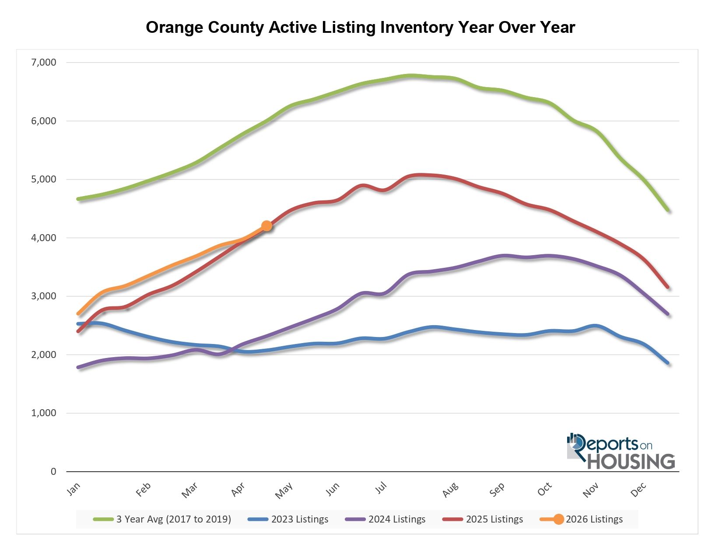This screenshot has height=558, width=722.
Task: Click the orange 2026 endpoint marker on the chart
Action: pyautogui.click(x=266, y=226)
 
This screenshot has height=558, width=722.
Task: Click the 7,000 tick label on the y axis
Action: pyautogui.click(x=44, y=62)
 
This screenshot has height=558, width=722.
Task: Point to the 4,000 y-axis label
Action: pyautogui.click(x=44, y=238)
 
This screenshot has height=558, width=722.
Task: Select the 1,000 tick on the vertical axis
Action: pyautogui.click(x=44, y=413)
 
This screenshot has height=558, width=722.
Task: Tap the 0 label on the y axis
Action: pyautogui.click(x=53, y=471)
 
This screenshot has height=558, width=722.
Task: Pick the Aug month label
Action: pyautogui.click(x=450, y=490)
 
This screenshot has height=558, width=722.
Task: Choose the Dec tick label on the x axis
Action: pyautogui.click(x=638, y=490)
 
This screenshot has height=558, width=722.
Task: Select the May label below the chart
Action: pyautogui.click(x=284, y=491)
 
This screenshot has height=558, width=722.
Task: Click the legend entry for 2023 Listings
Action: pyautogui.click(x=288, y=519)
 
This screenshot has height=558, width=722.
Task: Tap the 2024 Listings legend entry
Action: pyautogui.click(x=386, y=519)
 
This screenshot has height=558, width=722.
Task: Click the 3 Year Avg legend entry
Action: pyautogui.click(x=162, y=519)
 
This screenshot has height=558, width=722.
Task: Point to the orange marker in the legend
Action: pyautogui.click(x=558, y=519)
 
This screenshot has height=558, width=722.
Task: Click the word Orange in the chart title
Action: pyautogui.click(x=175, y=28)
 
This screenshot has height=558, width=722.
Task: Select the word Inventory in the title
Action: pyautogui.click(x=417, y=28)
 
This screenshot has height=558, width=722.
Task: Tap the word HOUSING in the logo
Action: pyautogui.click(x=631, y=462)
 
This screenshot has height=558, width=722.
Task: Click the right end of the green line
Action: pyautogui.click(x=668, y=211)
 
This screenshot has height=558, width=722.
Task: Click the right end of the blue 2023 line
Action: pyautogui.click(x=668, y=363)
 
